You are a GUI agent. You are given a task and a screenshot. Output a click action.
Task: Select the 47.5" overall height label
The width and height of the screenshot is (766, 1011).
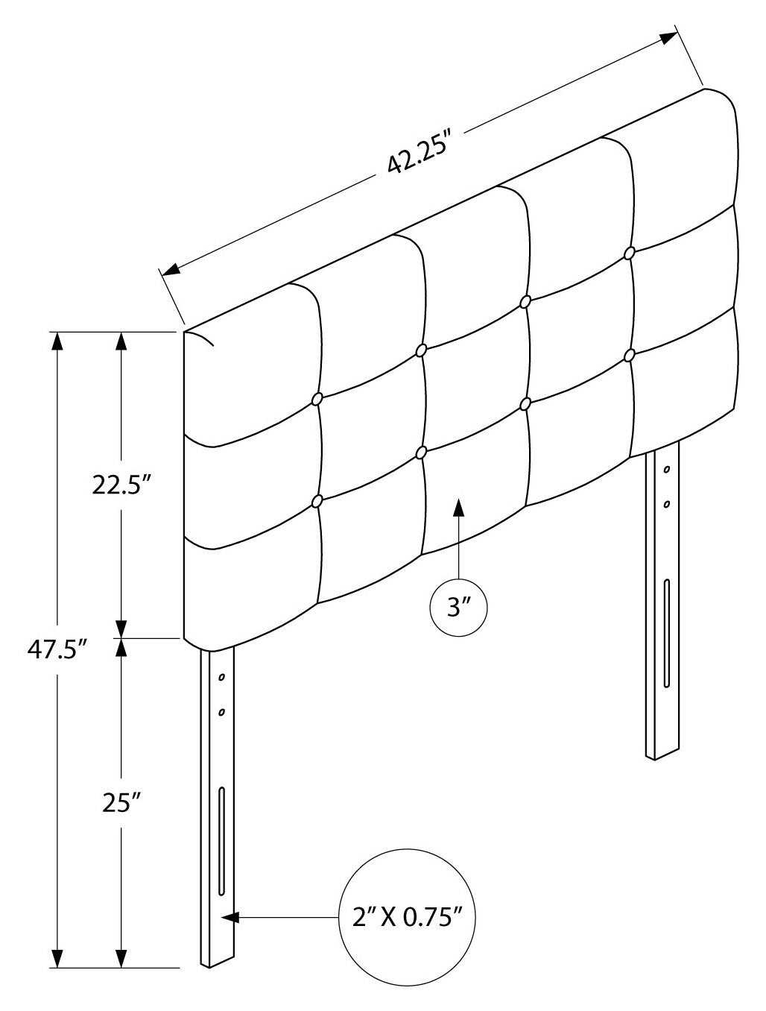[57, 650]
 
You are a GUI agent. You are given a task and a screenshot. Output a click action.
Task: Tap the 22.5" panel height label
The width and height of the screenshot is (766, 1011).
[121, 484]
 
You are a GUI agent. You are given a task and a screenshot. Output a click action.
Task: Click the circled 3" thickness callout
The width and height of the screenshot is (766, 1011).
[458, 608]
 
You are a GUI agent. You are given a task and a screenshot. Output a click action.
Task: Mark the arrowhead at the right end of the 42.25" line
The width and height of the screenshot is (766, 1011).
[668, 39]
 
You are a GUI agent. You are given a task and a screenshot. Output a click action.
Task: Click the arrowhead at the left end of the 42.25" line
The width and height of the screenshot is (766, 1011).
[171, 269]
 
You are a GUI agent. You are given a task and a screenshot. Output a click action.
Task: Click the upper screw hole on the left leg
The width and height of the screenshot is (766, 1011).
[221, 677]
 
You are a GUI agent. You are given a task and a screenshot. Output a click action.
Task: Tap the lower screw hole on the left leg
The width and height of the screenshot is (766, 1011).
[221, 712]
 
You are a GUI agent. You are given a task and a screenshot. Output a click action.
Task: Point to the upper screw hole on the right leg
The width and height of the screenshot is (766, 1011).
[667, 470]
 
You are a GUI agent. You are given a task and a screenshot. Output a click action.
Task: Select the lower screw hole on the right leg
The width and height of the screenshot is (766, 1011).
[667, 504]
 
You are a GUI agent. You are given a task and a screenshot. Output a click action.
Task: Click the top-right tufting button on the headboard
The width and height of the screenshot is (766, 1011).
[630, 253]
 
